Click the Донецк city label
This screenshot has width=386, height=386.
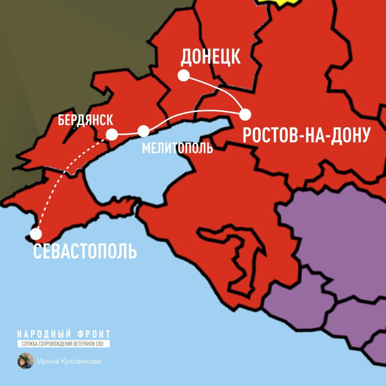click(x=210, y=57)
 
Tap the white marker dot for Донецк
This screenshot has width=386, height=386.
click(x=184, y=76)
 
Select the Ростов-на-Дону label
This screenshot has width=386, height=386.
click(x=305, y=135)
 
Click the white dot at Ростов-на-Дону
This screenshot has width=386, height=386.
click(x=245, y=113)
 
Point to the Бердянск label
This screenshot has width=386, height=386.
click(x=86, y=121)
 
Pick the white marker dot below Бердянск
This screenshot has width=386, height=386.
click(x=112, y=134)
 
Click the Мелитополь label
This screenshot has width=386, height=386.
click(x=177, y=148)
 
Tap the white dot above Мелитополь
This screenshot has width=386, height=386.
click(x=143, y=131)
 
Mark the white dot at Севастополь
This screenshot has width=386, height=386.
click(x=36, y=234)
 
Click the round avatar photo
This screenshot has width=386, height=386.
click(x=25, y=361)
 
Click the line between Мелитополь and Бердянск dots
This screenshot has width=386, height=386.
click(x=127, y=133)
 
